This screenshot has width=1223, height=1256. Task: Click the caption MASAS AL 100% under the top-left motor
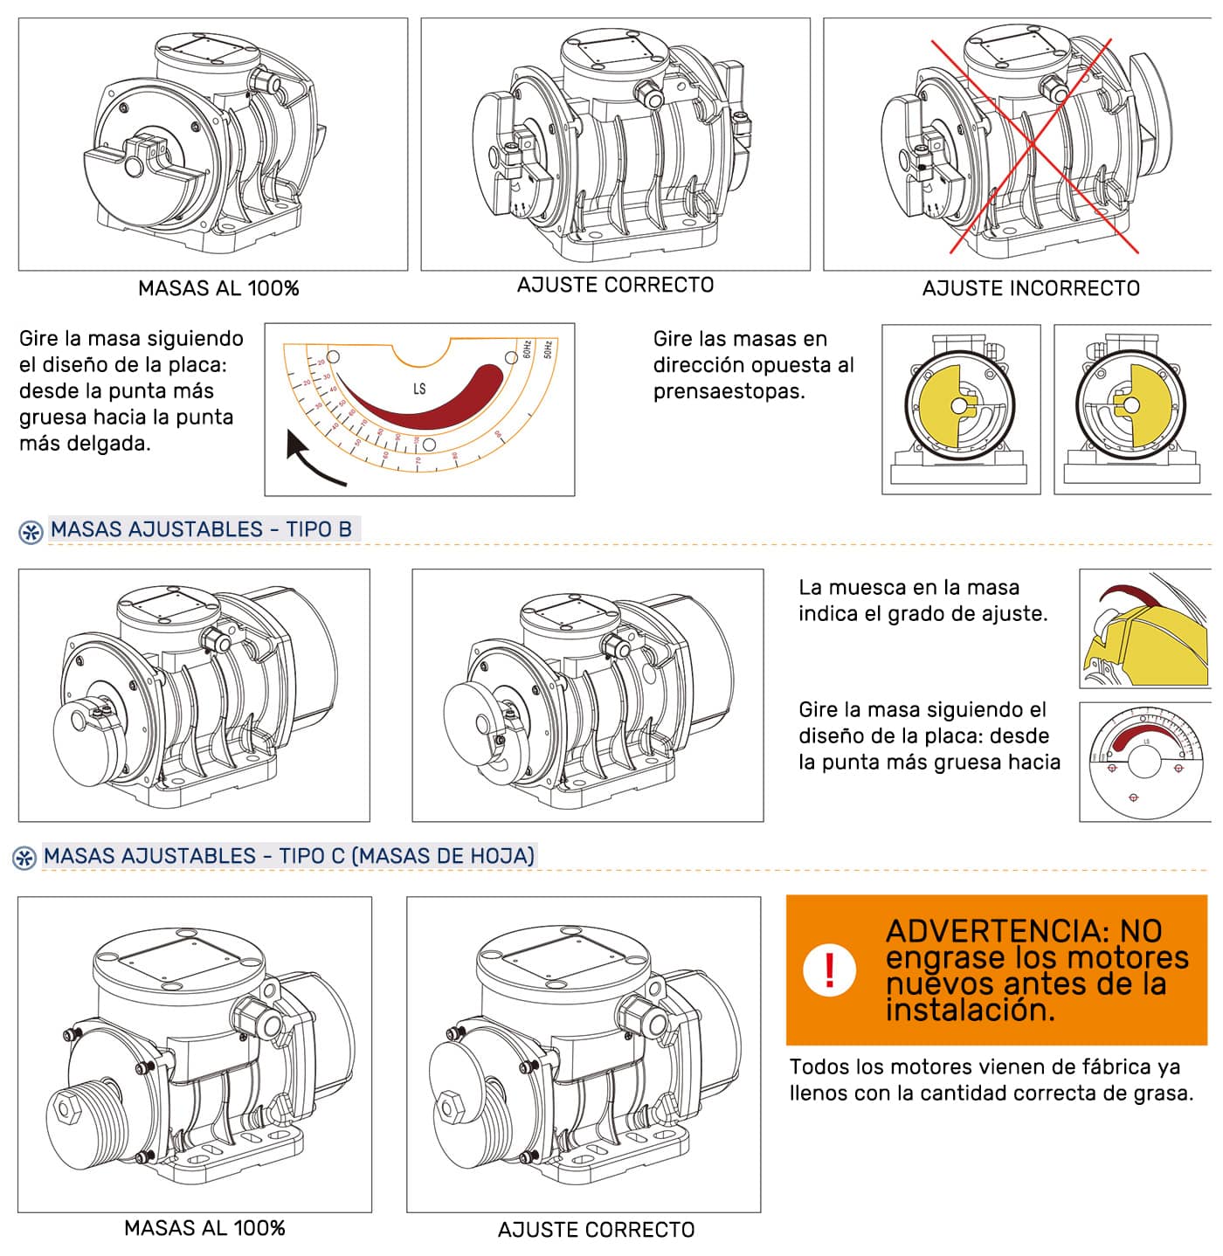click(x=218, y=288)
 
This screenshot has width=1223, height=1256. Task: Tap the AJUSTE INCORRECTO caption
click(x=1031, y=288)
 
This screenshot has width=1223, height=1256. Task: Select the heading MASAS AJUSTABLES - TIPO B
click(x=201, y=529)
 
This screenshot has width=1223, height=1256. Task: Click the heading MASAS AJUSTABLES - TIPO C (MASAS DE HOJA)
click(x=289, y=856)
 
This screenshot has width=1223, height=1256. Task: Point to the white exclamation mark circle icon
click(x=828, y=970)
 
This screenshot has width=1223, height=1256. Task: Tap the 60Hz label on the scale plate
click(x=527, y=349)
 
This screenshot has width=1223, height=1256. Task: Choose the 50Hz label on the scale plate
click(x=549, y=349)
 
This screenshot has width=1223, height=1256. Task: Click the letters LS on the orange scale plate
click(x=419, y=389)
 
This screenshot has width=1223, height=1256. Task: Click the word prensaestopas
click(x=728, y=391)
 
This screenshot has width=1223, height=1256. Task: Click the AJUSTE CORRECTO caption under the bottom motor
click(x=596, y=1230)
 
